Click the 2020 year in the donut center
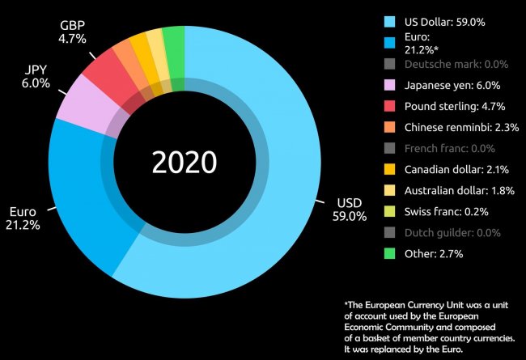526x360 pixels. pos(185,162)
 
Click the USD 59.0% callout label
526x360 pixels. pos(350,210)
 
